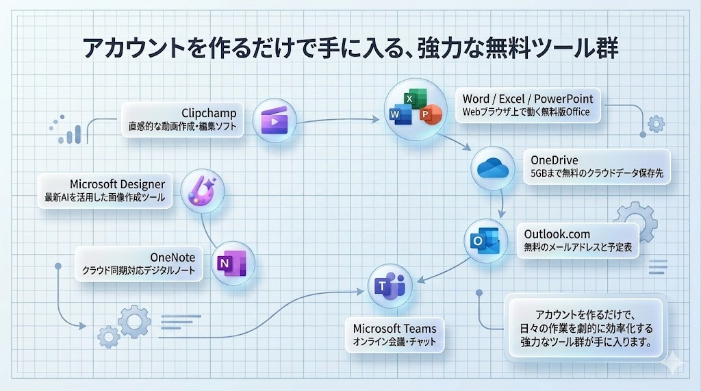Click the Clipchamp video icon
(275, 121)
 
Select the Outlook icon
(485, 240)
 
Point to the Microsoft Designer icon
(203, 191)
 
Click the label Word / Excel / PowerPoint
(527, 98)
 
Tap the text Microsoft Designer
(117, 184)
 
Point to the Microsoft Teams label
(394, 327)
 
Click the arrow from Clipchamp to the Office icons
(335, 121)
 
